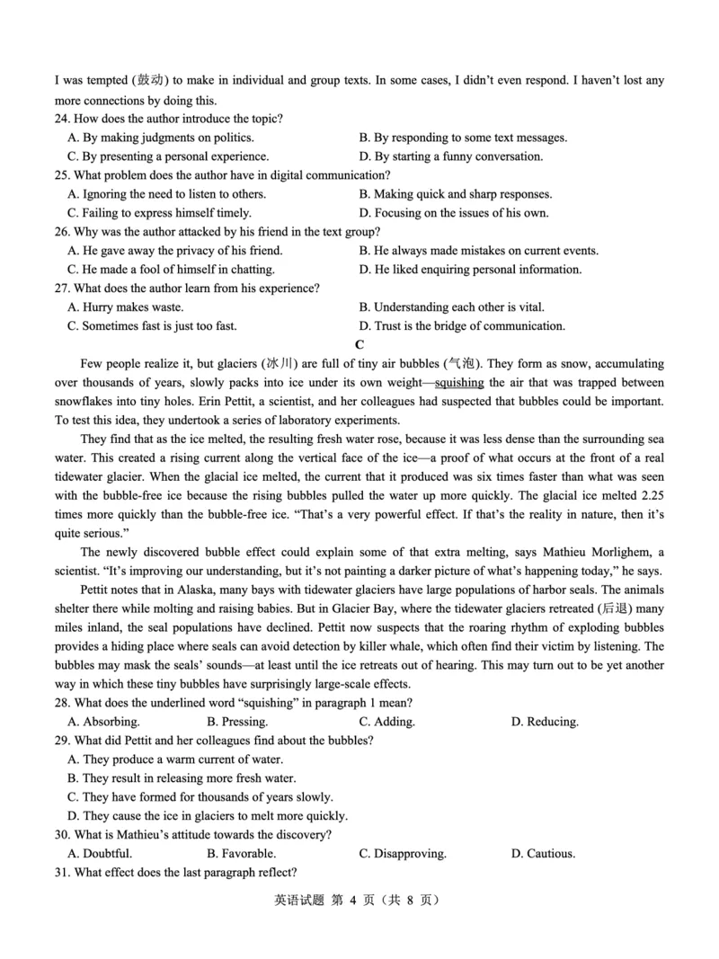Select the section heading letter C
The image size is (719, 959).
click(359, 345)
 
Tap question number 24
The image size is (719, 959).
click(63, 119)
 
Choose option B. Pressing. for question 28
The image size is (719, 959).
click(237, 722)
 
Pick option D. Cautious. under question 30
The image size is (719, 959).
click(543, 854)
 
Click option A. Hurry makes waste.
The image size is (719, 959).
click(126, 307)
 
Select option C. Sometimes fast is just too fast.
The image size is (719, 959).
click(153, 326)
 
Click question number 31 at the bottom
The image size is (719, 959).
click(63, 873)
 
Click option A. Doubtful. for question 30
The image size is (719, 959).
click(100, 854)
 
